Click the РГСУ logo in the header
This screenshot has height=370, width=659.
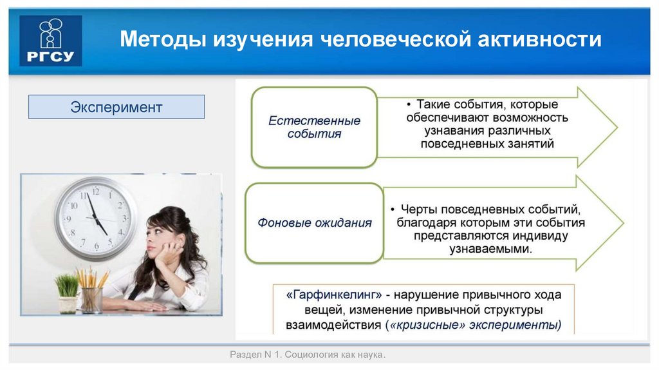click(51, 41)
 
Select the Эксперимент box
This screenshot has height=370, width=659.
click(116, 107)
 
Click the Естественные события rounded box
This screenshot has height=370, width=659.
click(314, 128)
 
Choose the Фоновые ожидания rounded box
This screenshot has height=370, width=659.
click(314, 223)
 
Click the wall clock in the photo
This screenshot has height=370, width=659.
click(95, 218)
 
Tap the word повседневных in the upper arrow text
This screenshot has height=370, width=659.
click(458, 144)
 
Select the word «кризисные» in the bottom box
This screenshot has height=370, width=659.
click(423, 326)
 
